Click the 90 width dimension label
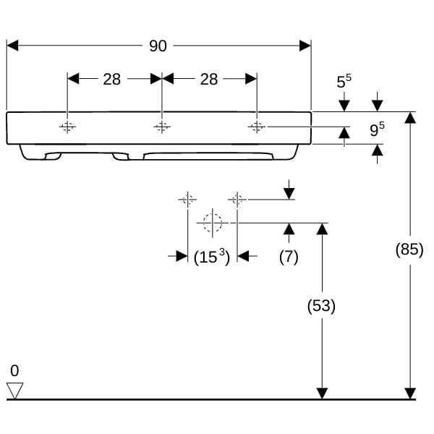[158, 46]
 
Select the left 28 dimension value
[112, 80]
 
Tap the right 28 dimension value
[209, 80]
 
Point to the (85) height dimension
[409, 250]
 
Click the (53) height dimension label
[321, 306]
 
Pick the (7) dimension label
[289, 257]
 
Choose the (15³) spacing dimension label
[212, 257]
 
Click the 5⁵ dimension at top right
[344, 81]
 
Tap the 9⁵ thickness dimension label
[378, 129]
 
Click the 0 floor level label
[14, 370]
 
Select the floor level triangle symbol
[15, 391]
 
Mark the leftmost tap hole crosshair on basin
[67, 127]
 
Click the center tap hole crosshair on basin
[162, 127]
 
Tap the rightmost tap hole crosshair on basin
[257, 127]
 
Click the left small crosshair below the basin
[187, 200]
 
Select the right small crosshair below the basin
[237, 200]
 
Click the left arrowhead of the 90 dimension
[12, 46]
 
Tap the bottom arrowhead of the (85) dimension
[410, 393]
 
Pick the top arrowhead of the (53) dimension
[322, 229]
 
